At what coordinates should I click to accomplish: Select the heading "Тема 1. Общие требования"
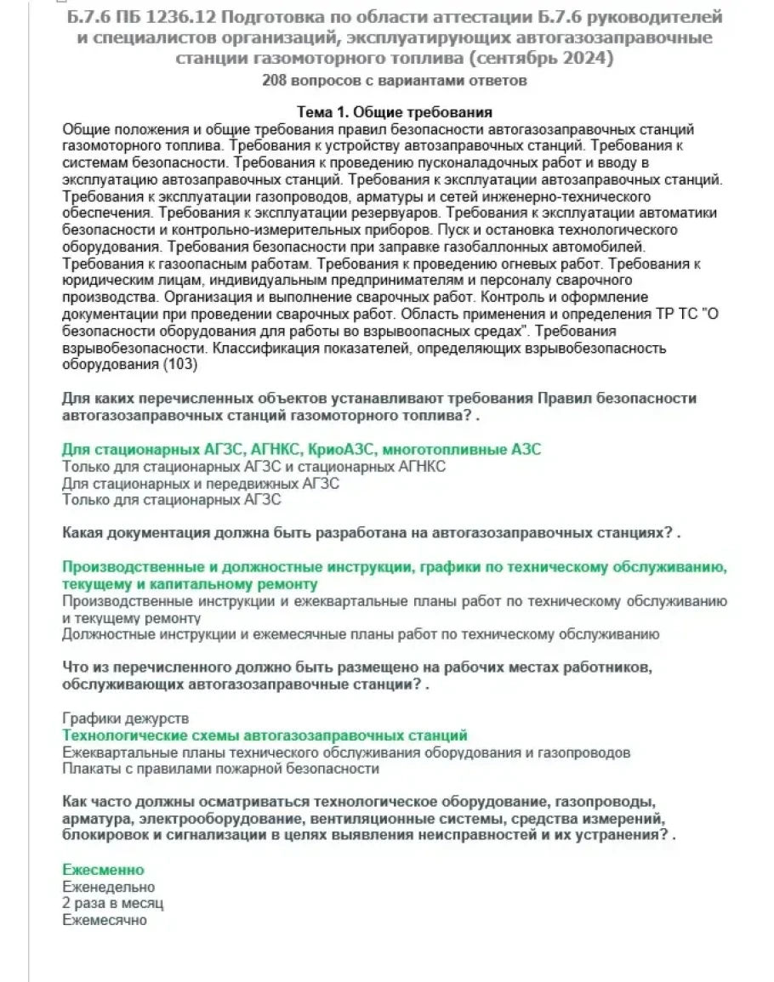click(x=395, y=113)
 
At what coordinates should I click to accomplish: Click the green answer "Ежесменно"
click(x=104, y=870)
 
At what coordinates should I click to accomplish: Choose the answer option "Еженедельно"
click(x=109, y=887)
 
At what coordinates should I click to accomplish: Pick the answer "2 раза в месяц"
click(x=113, y=903)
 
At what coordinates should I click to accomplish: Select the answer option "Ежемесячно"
click(x=105, y=920)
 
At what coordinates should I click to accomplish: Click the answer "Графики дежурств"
click(x=126, y=719)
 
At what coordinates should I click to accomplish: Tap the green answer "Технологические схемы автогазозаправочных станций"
click(x=265, y=735)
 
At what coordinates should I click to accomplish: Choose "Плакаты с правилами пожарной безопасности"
click(x=221, y=769)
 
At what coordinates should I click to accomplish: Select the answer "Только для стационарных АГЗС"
click(x=172, y=500)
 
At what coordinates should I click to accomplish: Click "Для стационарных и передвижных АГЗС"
click(x=202, y=483)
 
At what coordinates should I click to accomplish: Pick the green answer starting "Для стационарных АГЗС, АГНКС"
click(x=302, y=449)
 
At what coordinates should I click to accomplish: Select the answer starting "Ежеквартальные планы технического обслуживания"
click(x=347, y=752)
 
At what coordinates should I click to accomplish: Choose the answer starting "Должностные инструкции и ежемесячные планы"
click(x=361, y=634)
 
